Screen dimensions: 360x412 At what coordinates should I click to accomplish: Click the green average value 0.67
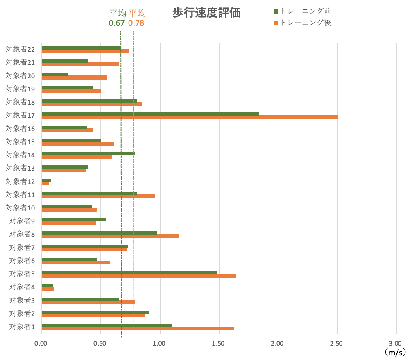[116, 23]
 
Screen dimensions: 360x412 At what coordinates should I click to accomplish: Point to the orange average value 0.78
[136, 23]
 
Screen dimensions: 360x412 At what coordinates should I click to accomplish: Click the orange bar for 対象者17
[190, 117]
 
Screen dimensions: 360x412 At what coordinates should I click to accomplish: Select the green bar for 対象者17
[150, 114]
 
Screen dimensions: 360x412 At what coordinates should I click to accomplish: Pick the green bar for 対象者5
[129, 273]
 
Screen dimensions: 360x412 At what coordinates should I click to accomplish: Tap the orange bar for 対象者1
[138, 328]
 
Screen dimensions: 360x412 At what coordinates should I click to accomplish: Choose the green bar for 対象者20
[55, 74]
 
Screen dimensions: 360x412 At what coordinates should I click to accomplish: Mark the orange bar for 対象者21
[80, 64]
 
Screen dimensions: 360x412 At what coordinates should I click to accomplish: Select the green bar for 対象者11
[89, 193]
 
